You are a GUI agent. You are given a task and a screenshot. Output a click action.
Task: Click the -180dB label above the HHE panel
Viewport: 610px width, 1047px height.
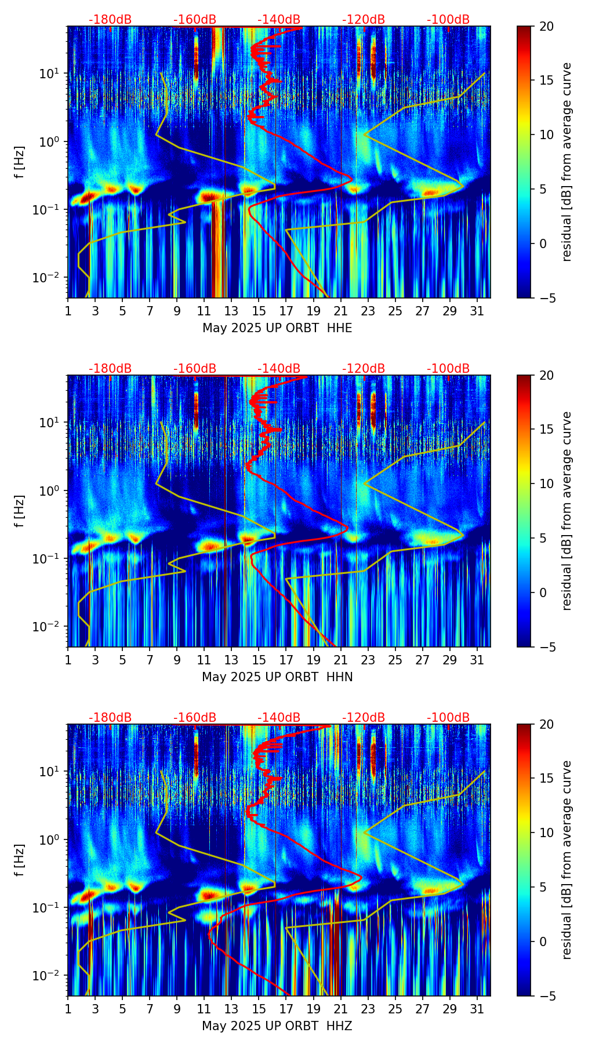(110, 20)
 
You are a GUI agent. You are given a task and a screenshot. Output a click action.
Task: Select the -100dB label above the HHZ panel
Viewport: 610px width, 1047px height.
(448, 718)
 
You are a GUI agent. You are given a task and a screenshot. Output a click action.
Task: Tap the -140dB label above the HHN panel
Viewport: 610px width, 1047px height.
(279, 369)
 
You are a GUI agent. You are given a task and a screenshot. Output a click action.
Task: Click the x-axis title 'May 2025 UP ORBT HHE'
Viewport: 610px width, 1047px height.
(277, 328)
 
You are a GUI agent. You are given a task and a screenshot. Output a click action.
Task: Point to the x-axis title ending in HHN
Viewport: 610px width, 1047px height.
(277, 677)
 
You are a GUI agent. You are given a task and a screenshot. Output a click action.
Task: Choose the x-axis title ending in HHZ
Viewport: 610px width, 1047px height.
(277, 1026)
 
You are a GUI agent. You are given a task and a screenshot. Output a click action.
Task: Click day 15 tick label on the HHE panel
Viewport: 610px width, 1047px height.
(259, 311)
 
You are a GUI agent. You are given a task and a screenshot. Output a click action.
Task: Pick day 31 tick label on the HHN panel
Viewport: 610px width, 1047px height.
(477, 660)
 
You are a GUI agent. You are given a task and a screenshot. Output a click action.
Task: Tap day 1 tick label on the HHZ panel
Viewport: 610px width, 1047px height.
(68, 1009)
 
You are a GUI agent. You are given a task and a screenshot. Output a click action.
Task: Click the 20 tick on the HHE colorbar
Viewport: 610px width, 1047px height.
(547, 26)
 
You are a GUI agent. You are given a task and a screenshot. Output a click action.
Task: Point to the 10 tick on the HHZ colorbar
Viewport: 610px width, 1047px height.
(547, 832)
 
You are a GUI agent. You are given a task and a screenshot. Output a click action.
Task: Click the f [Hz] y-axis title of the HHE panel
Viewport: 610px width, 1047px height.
(20, 162)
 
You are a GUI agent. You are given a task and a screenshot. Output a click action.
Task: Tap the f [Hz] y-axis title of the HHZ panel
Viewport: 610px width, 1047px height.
(20, 860)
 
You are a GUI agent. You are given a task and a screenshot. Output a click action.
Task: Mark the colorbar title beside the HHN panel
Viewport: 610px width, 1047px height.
(567, 511)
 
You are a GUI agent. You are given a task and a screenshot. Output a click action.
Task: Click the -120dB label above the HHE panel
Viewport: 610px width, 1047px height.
(364, 20)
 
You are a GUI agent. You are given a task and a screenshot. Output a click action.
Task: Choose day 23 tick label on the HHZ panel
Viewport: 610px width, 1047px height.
(368, 1009)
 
